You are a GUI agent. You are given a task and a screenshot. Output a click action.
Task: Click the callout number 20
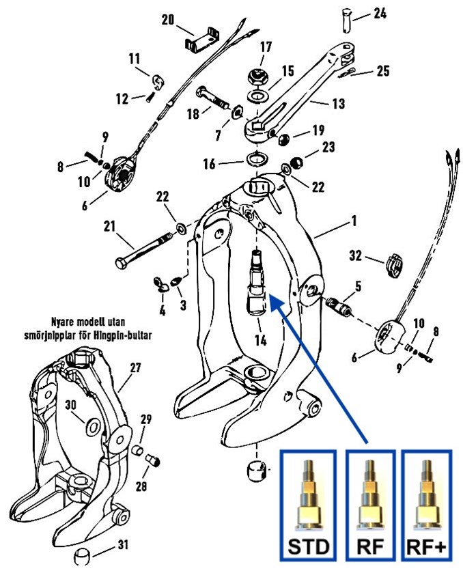point(168,20)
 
